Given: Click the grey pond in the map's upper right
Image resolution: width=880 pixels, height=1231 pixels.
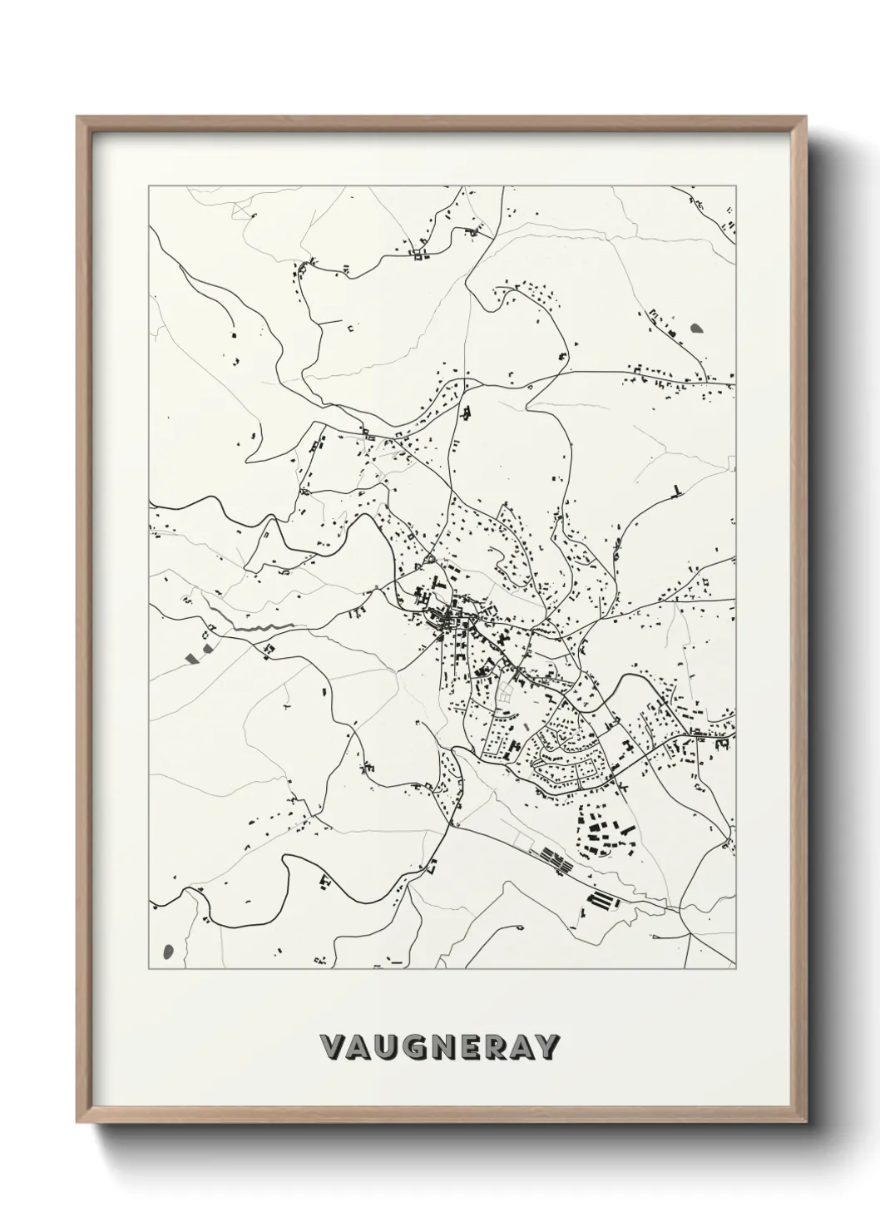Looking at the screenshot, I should (695, 328).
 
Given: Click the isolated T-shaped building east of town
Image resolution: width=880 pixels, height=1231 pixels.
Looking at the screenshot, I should (677, 490).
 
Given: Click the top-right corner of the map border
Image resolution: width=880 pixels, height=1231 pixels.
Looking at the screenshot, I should (735, 186).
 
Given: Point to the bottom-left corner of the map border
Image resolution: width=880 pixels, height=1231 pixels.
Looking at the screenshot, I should (149, 969).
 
